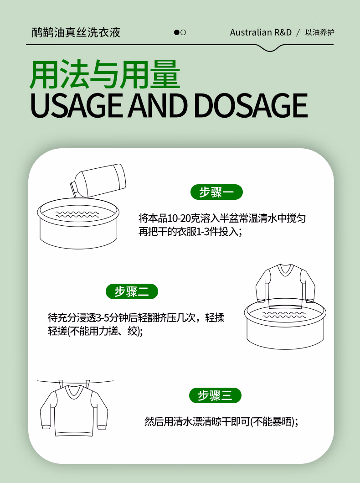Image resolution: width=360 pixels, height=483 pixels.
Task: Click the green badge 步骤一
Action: pyautogui.click(x=216, y=192)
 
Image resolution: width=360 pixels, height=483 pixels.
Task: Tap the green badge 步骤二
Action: pyautogui.click(x=132, y=291)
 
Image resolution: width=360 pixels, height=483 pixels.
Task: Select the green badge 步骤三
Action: pyautogui.click(x=215, y=395)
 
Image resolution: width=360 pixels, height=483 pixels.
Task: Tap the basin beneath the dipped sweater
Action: pyautogui.click(x=285, y=326)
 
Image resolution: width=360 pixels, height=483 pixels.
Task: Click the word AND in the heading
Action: pyautogui.click(x=158, y=105)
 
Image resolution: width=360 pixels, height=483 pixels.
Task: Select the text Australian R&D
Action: pyautogui.click(x=261, y=33)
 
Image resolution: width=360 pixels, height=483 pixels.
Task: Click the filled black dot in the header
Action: pyautogui.click(x=177, y=32)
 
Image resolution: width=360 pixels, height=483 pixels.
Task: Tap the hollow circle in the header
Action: pyautogui.click(x=183, y=32)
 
